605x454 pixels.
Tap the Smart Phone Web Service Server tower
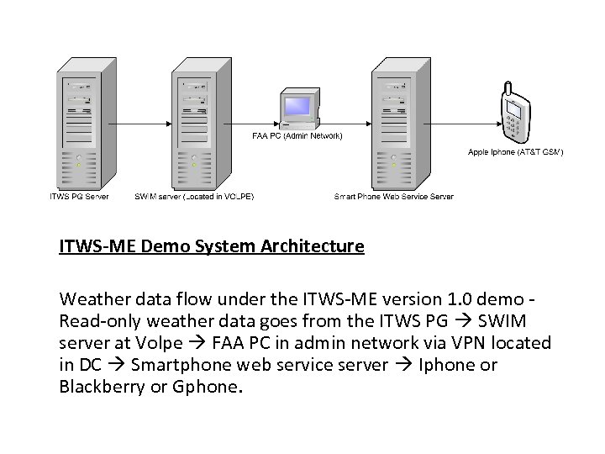[x=394, y=122]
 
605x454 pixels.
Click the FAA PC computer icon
[x=297, y=110]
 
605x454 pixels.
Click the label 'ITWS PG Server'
[x=78, y=197]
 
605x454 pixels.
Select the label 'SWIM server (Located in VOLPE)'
[x=194, y=197]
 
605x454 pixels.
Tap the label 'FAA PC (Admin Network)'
[x=297, y=135]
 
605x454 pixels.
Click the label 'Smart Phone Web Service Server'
[x=394, y=197]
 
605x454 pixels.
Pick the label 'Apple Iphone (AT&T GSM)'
[x=515, y=152]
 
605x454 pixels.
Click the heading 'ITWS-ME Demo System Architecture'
[x=212, y=247]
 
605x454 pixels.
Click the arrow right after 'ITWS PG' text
[x=447, y=321]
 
